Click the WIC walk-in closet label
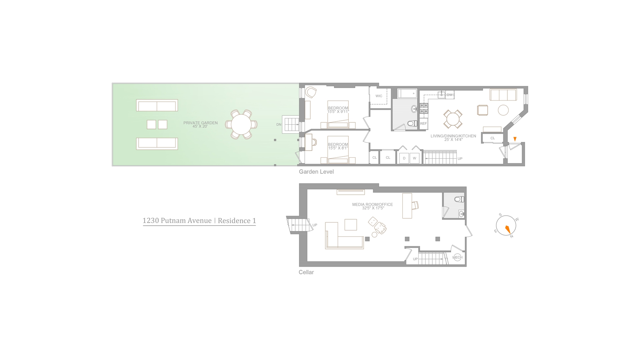click(379, 96)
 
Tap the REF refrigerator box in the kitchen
click(423, 123)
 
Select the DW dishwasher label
click(450, 95)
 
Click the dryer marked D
click(404, 158)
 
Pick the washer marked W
click(415, 158)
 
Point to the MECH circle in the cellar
click(457, 257)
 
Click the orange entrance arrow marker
click(515, 139)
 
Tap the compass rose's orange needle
click(508, 230)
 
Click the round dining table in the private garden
click(241, 124)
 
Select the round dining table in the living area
click(453, 119)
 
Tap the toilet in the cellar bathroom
click(459, 199)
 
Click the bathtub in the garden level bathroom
click(407, 93)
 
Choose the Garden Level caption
click(316, 172)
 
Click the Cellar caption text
click(306, 272)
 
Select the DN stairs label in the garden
click(279, 125)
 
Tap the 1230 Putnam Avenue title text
click(177, 221)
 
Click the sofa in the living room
click(503, 95)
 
